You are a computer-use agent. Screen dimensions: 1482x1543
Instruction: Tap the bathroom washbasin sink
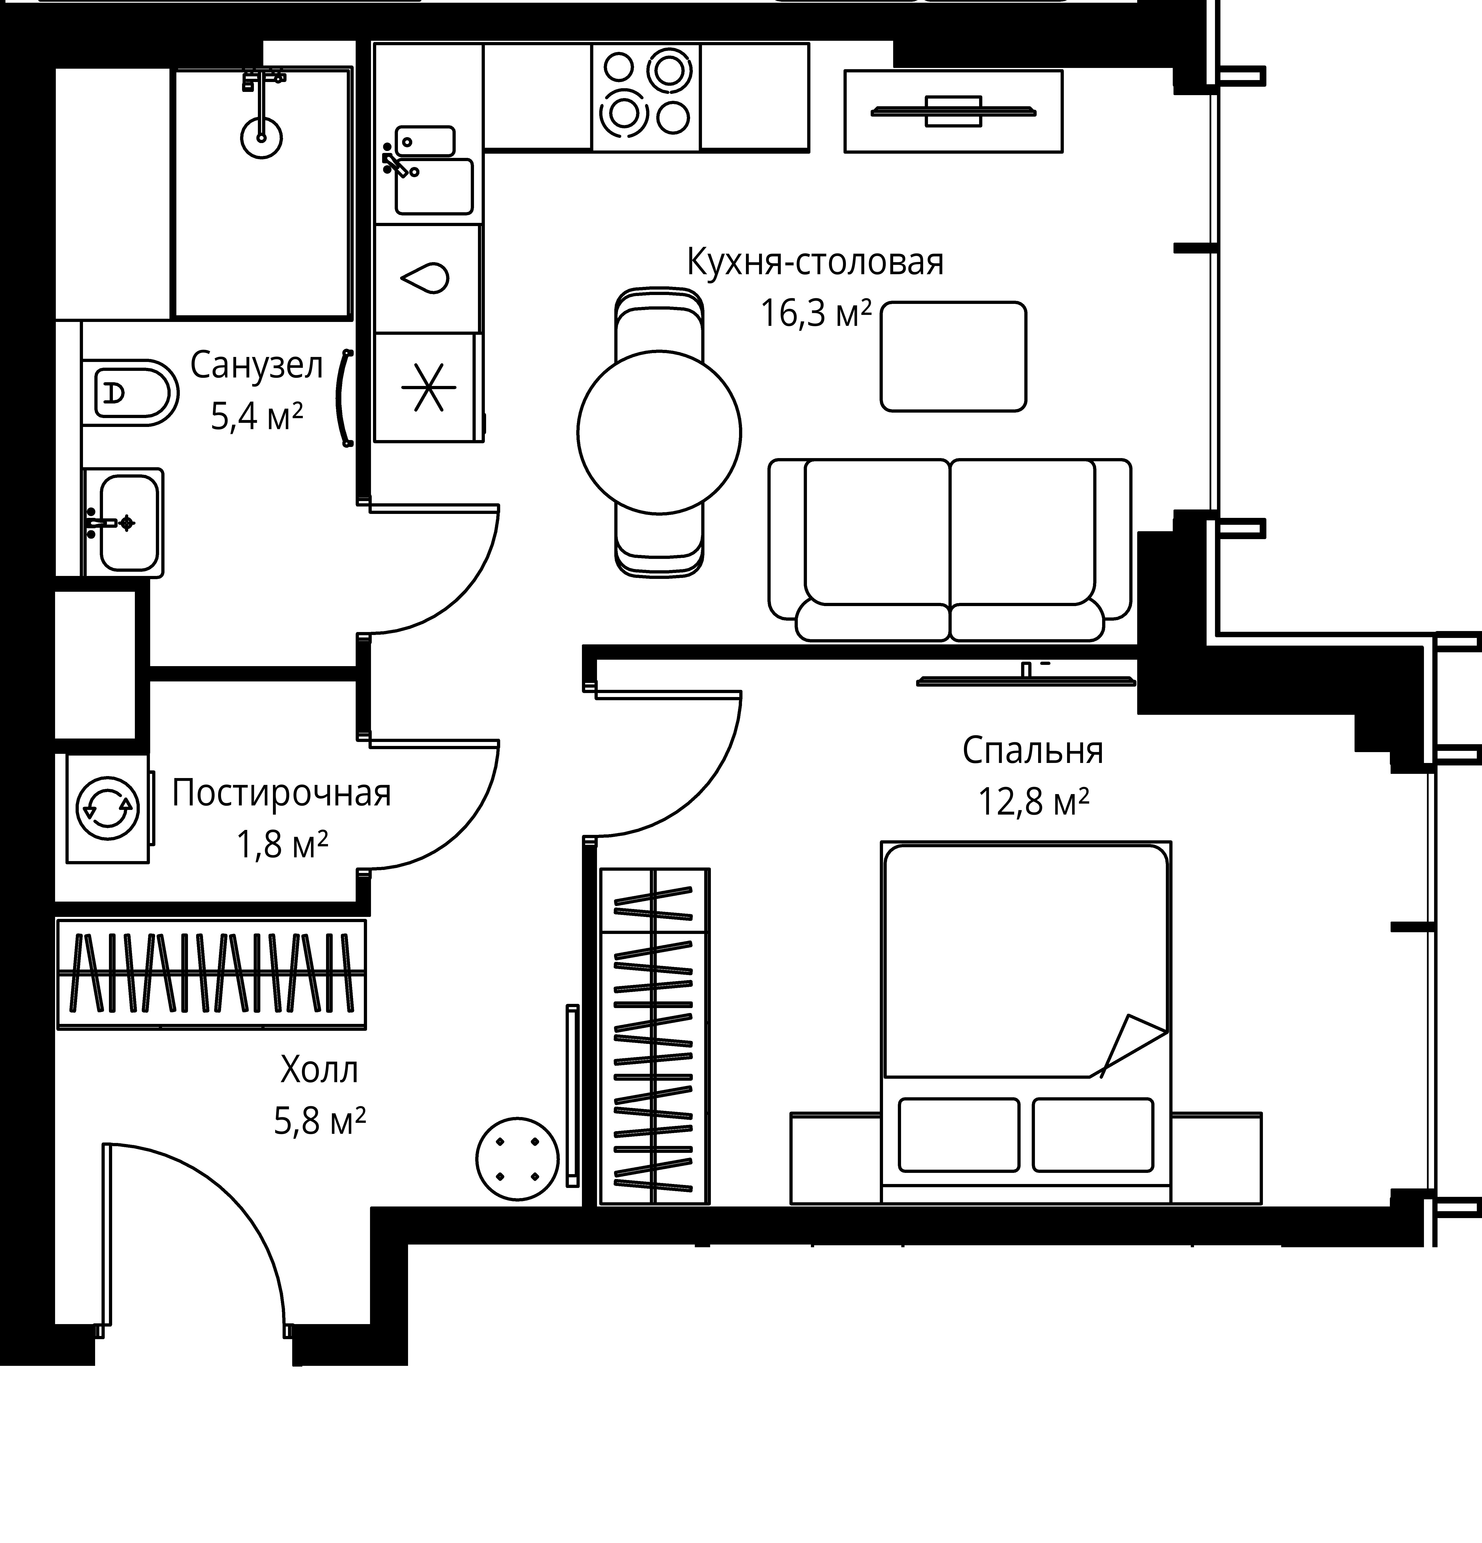[x=123, y=523]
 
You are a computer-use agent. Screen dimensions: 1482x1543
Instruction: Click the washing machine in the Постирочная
[x=108, y=808]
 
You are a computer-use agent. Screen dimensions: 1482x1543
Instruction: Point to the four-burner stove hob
[x=645, y=96]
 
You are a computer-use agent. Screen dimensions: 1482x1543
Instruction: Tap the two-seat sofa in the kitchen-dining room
[x=950, y=550]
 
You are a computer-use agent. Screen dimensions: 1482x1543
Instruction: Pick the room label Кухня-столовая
[x=815, y=262]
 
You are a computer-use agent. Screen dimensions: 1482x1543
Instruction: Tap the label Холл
[x=320, y=1069]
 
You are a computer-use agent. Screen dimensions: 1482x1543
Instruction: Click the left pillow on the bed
[x=959, y=1134]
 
